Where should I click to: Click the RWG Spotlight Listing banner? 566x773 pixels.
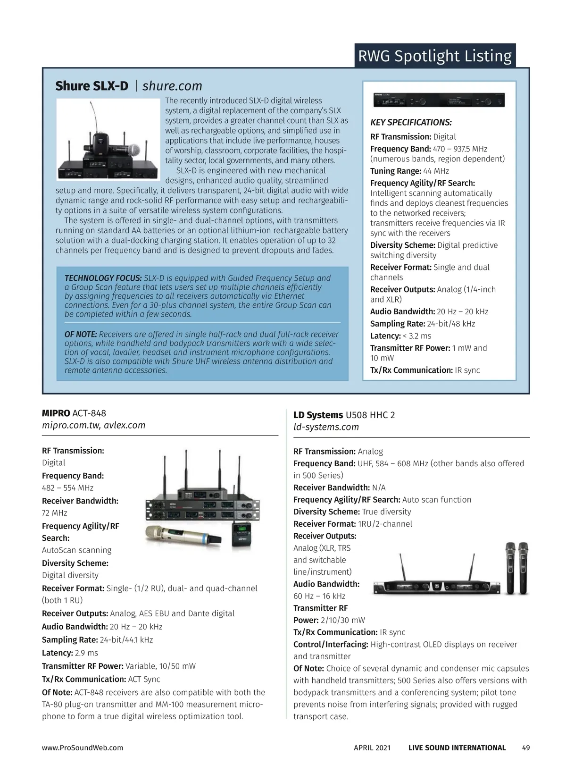click(x=434, y=56)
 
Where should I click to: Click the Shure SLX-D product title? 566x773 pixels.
click(x=92, y=86)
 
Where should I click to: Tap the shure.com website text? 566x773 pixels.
click(x=172, y=86)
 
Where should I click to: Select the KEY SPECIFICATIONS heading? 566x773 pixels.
click(x=411, y=123)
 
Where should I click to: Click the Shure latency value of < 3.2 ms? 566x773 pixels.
click(x=417, y=336)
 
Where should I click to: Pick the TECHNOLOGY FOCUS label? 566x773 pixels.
click(x=103, y=278)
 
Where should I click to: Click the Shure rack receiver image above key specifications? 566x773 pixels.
click(x=439, y=100)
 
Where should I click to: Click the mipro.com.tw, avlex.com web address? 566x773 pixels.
click(x=93, y=425)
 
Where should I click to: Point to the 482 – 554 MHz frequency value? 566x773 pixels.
click(x=67, y=488)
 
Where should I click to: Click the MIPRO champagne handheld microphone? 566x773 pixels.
click(x=183, y=535)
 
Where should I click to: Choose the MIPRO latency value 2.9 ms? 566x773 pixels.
click(x=86, y=653)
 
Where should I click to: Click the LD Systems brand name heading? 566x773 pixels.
click(x=318, y=415)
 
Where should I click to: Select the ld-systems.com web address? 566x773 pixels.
click(x=326, y=427)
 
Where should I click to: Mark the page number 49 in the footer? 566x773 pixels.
click(x=525, y=748)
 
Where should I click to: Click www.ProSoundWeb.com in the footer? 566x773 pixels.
click(x=83, y=748)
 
